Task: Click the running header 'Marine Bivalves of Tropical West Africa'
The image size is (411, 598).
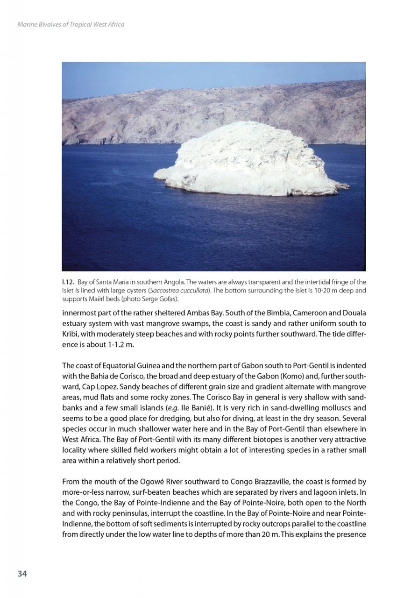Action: point(71,24)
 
